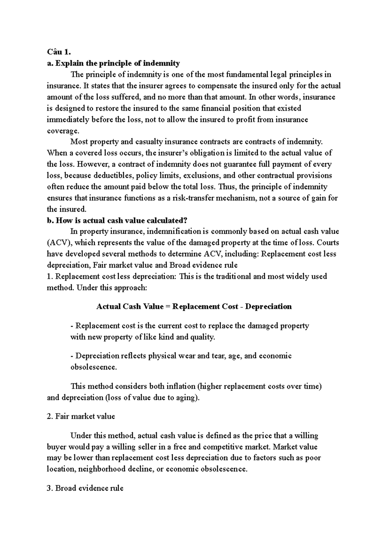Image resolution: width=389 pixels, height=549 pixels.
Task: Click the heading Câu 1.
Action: (x=59, y=52)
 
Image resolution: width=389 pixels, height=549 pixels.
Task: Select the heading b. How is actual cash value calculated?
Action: (x=117, y=220)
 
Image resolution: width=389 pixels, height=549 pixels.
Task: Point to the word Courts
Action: (x=327, y=243)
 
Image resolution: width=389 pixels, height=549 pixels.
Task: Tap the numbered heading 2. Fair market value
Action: (x=81, y=416)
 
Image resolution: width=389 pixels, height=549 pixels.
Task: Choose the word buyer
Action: (x=57, y=447)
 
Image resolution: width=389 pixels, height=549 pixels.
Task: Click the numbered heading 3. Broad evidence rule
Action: (x=85, y=488)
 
